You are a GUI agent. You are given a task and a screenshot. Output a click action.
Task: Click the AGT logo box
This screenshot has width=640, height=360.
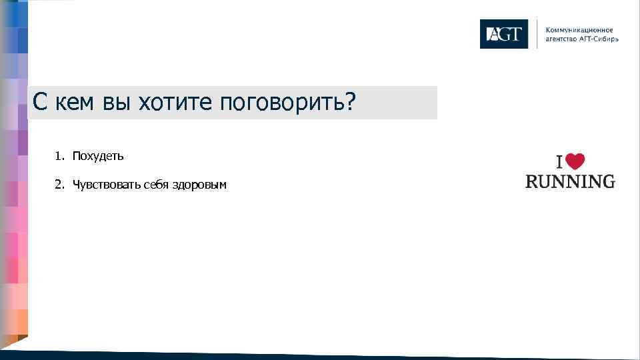tap(503, 34)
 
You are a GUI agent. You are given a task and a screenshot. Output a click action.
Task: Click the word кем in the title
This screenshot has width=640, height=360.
tap(75, 103)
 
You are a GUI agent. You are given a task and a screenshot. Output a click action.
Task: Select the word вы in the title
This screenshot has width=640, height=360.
tap(117, 103)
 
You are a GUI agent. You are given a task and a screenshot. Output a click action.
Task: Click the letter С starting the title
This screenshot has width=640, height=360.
tap(40, 103)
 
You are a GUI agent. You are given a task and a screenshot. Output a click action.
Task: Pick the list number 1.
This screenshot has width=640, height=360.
tap(59, 156)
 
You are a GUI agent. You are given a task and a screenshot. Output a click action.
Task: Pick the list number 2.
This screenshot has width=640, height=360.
tap(59, 185)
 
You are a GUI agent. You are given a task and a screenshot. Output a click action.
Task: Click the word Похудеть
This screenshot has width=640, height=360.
tap(98, 156)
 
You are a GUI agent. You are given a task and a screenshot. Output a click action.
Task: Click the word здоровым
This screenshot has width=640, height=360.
tap(199, 185)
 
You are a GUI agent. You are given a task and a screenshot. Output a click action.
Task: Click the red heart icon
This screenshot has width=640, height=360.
tap(576, 162)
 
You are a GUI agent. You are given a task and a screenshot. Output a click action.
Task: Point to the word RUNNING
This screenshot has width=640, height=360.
tap(570, 181)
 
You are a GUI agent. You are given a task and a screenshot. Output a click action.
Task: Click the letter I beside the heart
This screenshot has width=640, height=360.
tap(561, 163)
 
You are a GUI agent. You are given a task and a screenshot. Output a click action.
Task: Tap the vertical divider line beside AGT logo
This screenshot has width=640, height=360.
tap(537, 34)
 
